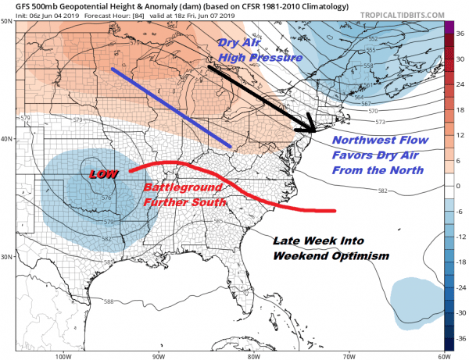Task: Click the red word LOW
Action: (102, 174)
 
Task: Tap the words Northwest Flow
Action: (371, 141)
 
